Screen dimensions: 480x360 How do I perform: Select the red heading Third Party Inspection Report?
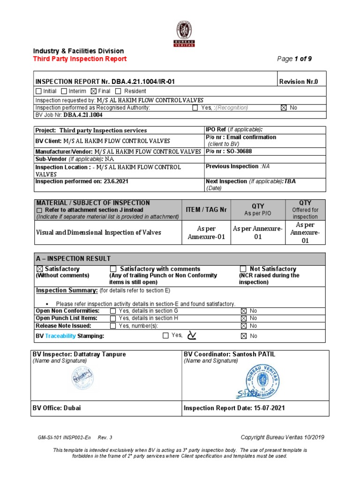[80, 59]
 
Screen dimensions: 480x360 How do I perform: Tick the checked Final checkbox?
[93, 91]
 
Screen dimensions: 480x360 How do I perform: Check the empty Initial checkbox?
[38, 91]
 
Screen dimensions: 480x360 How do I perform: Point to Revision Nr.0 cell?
[298, 82]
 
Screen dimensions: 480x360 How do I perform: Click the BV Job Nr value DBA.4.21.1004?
[83, 114]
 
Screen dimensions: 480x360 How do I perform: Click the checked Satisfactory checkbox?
[39, 269]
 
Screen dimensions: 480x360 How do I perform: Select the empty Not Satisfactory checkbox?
[243, 269]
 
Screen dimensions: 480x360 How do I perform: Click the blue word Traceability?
[60, 336]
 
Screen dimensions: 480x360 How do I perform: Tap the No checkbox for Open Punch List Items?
[243, 318]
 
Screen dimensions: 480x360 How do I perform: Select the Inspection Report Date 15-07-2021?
[234, 408]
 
